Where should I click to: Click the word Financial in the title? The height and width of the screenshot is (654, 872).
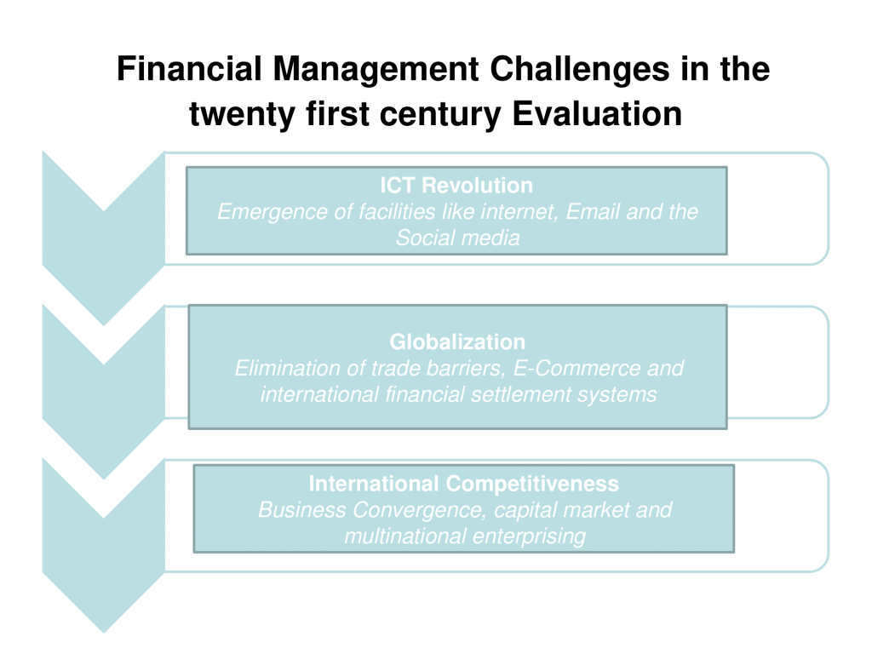189,69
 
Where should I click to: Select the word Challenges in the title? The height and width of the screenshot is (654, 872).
580,69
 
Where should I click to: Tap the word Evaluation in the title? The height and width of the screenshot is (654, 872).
597,114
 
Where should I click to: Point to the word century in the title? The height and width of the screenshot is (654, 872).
440,115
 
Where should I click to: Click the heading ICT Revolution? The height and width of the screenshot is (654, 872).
456,185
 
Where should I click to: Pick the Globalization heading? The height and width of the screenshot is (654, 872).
457,341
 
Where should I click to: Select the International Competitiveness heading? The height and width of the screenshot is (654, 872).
464,484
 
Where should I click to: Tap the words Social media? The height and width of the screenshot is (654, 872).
457,238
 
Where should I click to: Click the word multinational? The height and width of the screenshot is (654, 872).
404,536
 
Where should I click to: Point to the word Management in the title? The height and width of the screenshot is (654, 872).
376,70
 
